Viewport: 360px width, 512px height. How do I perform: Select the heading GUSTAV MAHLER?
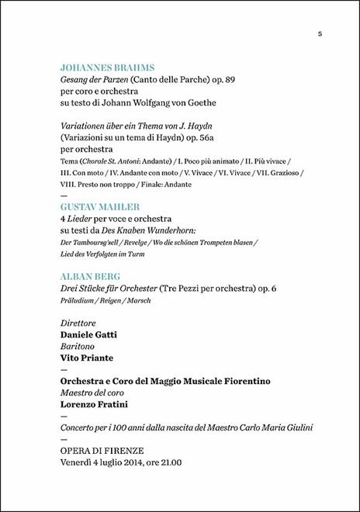[99, 208]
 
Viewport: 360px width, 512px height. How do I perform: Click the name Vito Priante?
[87, 358]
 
